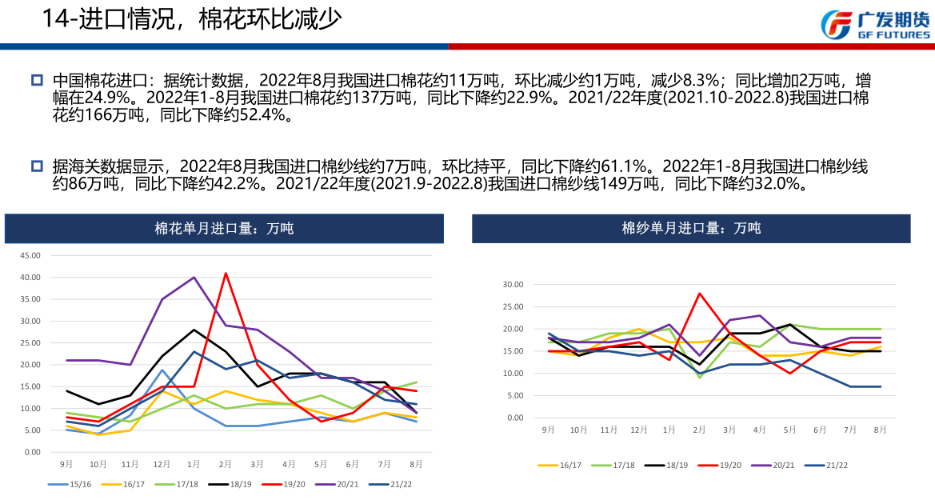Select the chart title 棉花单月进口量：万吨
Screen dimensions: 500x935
point(224,228)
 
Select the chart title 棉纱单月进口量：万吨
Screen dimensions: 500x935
point(691,228)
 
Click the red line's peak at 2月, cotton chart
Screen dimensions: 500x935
point(226,273)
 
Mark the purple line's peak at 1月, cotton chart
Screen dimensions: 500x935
point(194,278)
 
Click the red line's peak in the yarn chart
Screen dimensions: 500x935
point(700,293)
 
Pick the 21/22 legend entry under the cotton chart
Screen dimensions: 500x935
point(400,484)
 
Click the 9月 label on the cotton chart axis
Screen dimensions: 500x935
point(66,464)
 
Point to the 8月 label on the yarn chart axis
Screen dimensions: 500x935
point(880,430)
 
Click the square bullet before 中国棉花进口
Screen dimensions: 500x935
point(36,80)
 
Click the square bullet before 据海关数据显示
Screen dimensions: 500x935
point(36,166)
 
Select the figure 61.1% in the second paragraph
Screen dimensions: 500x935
point(622,166)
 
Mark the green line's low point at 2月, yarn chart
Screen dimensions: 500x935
point(700,377)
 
